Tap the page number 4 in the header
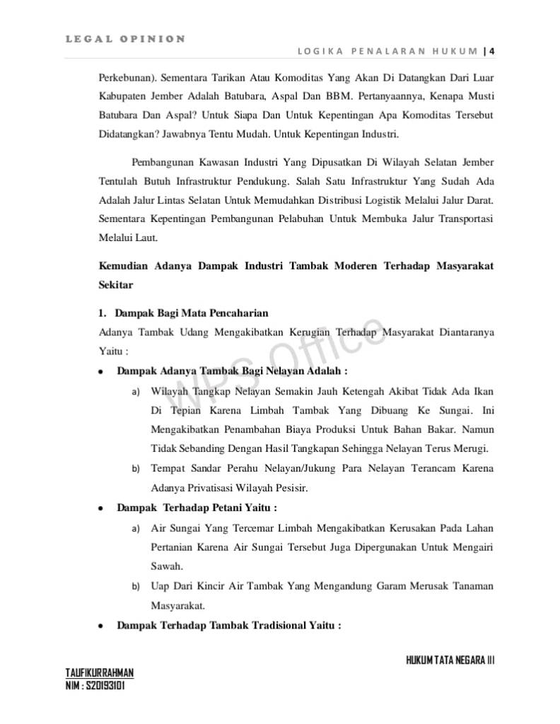click(x=491, y=51)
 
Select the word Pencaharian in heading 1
click(x=236, y=313)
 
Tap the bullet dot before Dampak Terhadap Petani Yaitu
click(x=101, y=508)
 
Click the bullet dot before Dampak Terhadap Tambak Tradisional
click(x=101, y=626)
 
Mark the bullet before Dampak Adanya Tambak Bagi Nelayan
click(x=101, y=370)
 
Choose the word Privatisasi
click(x=216, y=488)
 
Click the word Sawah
click(x=166, y=566)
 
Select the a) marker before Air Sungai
click(x=135, y=529)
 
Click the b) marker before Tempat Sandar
click(x=135, y=469)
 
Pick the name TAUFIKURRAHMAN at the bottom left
click(x=100, y=672)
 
